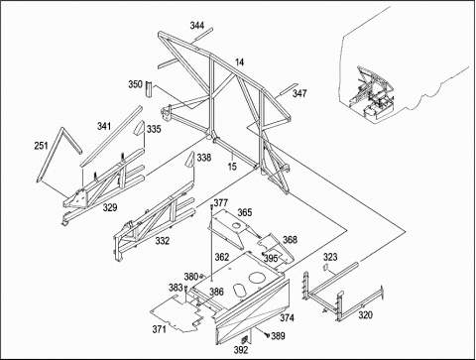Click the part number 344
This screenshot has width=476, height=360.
(197, 25)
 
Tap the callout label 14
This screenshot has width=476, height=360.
(240, 61)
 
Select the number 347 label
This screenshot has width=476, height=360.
(299, 93)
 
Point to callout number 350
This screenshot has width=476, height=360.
(136, 84)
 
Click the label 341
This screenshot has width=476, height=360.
(104, 126)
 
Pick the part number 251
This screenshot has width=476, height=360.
(42, 145)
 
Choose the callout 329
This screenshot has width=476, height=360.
(110, 207)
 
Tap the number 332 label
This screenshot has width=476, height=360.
(163, 241)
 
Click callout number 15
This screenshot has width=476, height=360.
(232, 167)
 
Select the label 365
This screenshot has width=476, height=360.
(245, 212)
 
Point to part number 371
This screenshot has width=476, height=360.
(160, 329)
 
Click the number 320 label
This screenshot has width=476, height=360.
(366, 315)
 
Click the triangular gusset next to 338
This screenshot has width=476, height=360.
(189, 161)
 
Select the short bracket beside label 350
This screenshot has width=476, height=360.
(149, 89)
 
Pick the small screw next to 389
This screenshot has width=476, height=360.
(267, 335)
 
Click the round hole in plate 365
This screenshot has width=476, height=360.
(237, 225)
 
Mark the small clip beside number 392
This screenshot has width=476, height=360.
(245, 339)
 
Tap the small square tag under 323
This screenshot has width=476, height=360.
(325, 267)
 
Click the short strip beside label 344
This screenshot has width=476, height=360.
(202, 35)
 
